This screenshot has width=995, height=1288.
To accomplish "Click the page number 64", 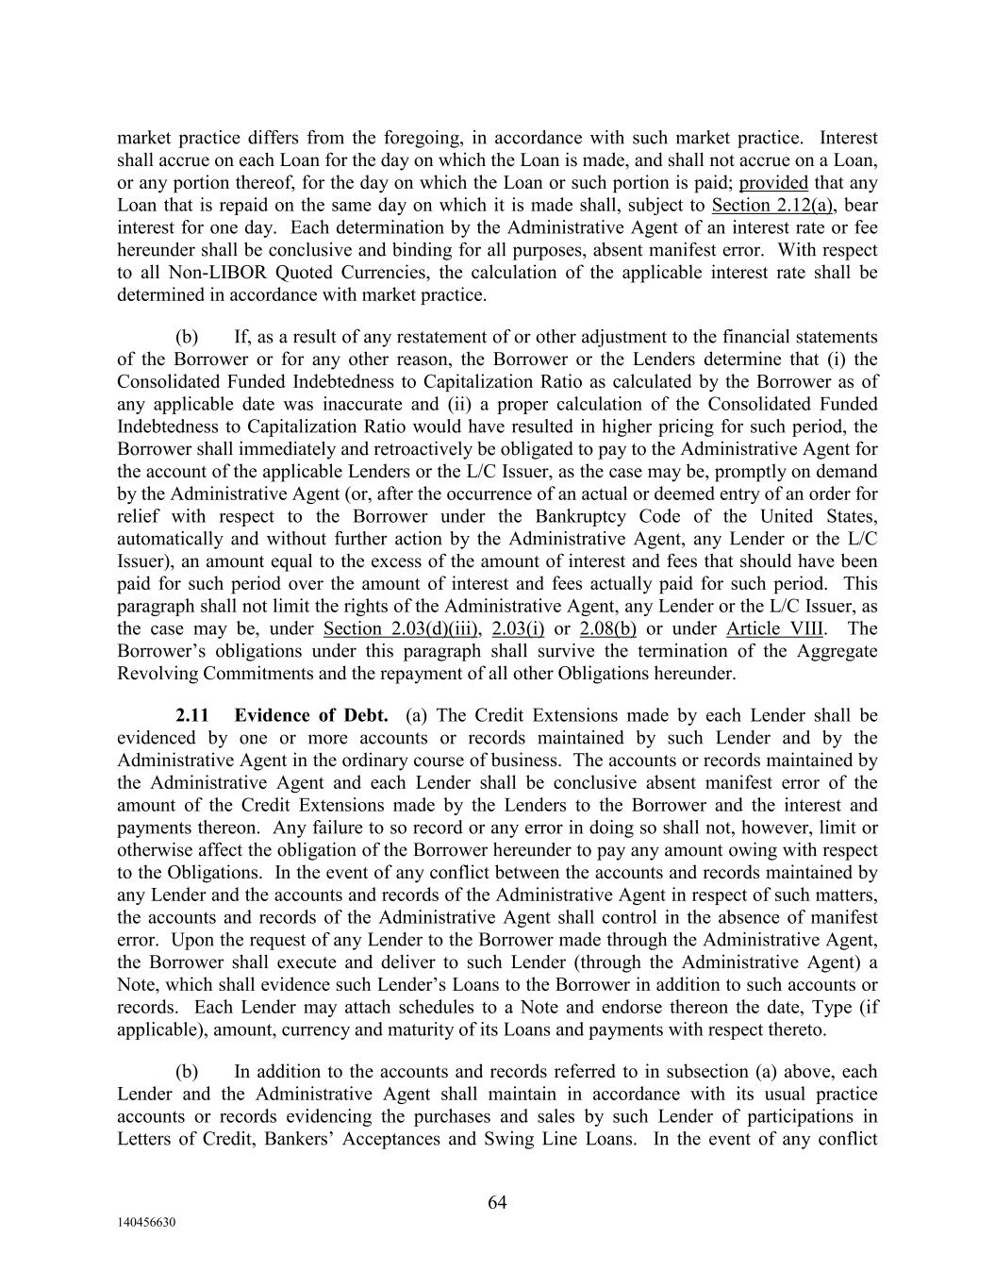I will point(497,1202).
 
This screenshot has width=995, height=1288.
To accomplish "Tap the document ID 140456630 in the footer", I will point(149,1223).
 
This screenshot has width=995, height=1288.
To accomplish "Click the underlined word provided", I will point(773,183).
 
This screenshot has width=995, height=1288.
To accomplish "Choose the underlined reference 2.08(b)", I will point(607,629).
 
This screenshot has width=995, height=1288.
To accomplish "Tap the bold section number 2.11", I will point(192,716).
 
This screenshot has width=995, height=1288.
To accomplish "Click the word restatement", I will point(445,338).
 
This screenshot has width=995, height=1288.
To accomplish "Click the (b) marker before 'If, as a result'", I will point(187,338).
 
